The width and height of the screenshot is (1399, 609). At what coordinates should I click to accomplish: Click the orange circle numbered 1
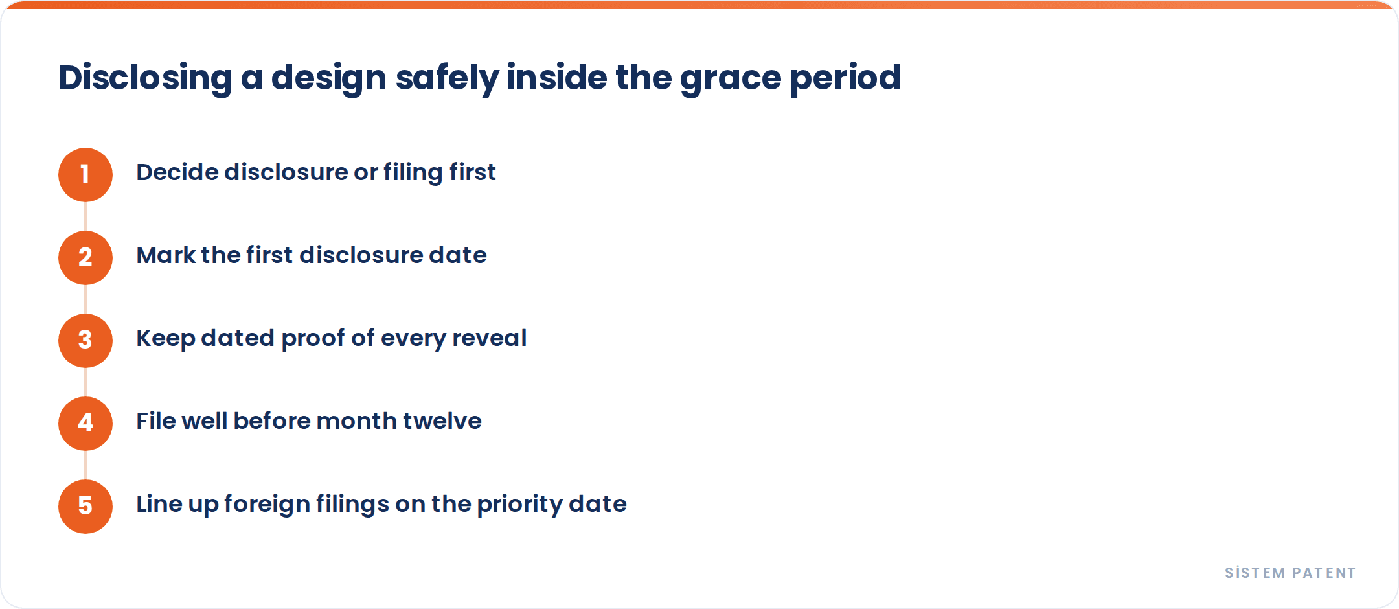point(85,175)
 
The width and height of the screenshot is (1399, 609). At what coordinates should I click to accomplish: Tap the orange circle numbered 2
point(85,258)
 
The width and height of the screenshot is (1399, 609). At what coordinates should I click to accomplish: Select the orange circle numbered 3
point(85,341)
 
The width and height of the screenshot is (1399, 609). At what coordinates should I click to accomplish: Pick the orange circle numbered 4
point(85,424)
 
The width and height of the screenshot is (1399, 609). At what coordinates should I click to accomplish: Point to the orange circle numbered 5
point(85,507)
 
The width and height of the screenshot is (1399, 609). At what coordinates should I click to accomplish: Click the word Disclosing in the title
point(145,78)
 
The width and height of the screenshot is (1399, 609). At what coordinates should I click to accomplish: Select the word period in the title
point(845,79)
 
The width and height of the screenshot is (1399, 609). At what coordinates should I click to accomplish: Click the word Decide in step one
point(177,172)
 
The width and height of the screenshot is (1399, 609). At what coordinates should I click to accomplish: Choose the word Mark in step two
point(166,255)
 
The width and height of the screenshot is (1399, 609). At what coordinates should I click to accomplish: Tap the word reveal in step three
point(489,338)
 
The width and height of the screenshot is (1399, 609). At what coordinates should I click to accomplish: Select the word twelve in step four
point(442,421)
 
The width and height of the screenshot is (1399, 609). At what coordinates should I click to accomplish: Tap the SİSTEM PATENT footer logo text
point(1290,573)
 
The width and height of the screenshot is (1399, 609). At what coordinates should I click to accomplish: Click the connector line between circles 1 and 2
point(85,216)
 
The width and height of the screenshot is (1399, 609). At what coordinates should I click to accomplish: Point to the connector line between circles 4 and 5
point(85,465)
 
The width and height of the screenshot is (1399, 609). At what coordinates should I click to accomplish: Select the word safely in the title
point(447,79)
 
